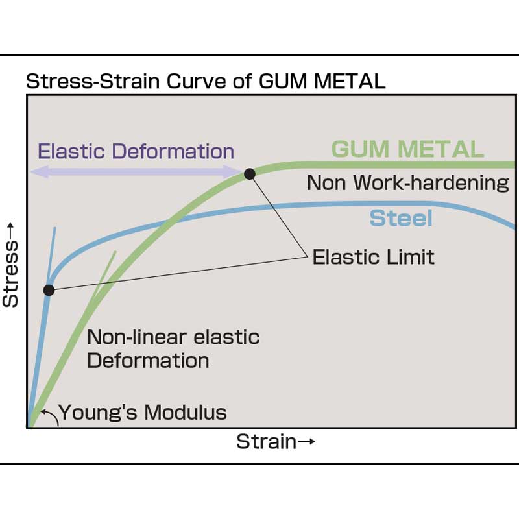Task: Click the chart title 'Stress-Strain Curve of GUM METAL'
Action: pos(206,82)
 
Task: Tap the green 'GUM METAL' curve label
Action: pos(407,149)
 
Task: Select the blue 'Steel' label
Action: pos(401,218)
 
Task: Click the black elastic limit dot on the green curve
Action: pos(250,174)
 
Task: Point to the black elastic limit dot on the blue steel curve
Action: pos(49,290)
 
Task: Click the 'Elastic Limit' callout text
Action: pos(374,257)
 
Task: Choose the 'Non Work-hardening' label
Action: pos(408,183)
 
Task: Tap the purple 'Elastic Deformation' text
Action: pos(136,151)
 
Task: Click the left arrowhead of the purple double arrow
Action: pos(40,172)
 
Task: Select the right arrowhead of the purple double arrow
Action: pos(234,172)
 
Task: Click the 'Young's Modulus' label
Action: pos(143,413)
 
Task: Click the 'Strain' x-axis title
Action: pos(267,442)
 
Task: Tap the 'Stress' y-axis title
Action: pos(10,273)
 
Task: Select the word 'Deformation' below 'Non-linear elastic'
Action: pos(148,361)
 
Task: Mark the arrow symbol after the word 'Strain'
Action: pos(306,442)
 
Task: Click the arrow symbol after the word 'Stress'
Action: pos(10,230)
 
